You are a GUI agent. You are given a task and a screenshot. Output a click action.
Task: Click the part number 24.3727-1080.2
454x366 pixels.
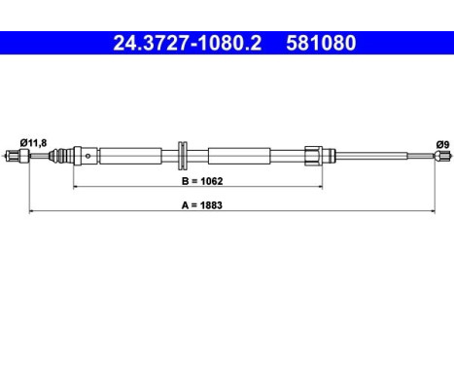(187, 43)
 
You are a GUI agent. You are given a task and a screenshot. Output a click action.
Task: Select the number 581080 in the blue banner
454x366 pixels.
(321, 43)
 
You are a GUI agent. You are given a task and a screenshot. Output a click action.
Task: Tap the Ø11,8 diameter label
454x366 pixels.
(33, 143)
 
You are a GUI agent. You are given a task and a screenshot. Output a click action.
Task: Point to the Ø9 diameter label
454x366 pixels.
(442, 144)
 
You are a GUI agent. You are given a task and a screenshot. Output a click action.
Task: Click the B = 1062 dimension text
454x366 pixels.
(202, 181)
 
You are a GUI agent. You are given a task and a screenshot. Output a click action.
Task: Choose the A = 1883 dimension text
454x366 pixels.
(202, 205)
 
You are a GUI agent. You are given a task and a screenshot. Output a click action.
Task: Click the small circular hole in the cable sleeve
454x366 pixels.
(87, 156)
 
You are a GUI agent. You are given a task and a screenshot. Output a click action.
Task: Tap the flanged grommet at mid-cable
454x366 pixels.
(183, 156)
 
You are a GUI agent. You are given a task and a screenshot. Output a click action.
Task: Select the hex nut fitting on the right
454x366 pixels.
(313, 156)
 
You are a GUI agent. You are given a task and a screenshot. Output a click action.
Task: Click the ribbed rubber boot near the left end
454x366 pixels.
(61, 156)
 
